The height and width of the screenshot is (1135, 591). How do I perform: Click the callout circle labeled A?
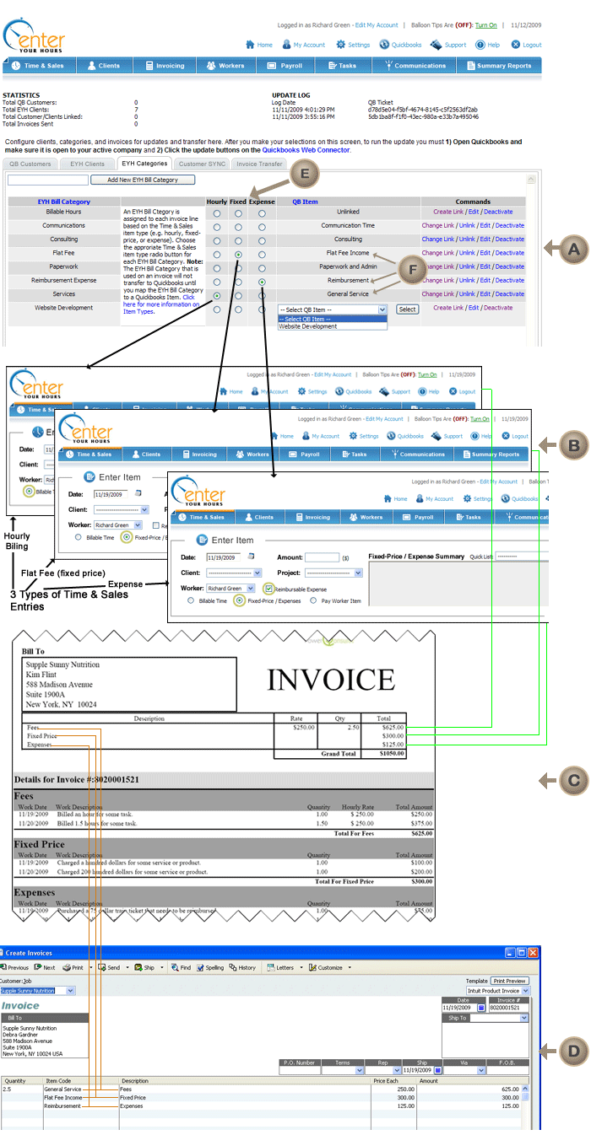tap(574, 249)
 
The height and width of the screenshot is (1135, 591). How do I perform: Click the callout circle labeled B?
tap(573, 444)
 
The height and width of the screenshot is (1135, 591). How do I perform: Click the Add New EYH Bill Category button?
tap(143, 180)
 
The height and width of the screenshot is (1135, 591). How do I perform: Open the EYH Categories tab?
tap(144, 164)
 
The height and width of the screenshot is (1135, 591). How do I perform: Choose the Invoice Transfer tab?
tap(259, 164)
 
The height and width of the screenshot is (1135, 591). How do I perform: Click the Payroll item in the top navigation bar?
tap(285, 66)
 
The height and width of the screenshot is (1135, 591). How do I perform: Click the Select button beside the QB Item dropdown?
tap(407, 309)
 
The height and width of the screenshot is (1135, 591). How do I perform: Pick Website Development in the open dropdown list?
tap(308, 326)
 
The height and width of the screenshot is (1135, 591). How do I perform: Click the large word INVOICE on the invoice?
tap(331, 680)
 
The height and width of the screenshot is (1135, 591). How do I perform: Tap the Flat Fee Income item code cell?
tap(63, 1098)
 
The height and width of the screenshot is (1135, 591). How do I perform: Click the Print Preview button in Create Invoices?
tap(511, 981)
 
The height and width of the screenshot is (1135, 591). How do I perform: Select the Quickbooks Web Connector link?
tap(306, 149)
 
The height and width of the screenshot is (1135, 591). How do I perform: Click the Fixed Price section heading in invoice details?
tap(40, 843)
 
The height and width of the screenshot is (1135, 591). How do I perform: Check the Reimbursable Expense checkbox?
tap(268, 589)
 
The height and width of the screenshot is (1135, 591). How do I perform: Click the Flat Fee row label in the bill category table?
tap(64, 253)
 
